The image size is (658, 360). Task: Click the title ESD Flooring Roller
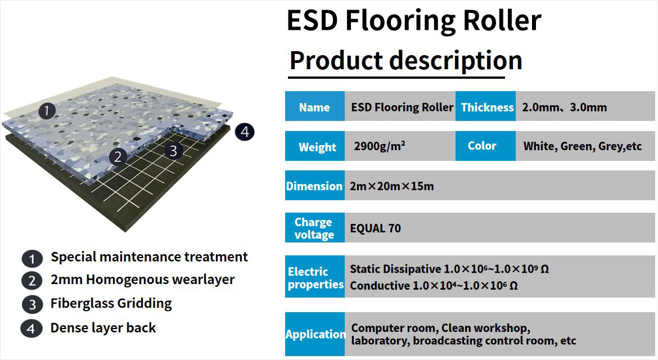pos(414,21)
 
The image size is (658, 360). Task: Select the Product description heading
pos(406,61)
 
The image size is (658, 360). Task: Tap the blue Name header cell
pos(315,106)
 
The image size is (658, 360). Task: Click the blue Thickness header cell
pos(485,106)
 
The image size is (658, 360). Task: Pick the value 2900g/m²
pos(380,146)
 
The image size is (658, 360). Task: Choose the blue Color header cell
pos(485,146)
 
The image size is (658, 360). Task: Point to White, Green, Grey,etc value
pos(583,146)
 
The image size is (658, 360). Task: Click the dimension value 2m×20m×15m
pos(392,186)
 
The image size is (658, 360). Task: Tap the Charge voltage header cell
pos(315,227)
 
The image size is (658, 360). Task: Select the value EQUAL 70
pos(376,228)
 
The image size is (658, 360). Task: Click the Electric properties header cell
pos(315,277)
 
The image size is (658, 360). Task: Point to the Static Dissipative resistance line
pos(449,268)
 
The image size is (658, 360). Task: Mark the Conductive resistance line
pos(434,285)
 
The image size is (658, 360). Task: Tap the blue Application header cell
pos(315,334)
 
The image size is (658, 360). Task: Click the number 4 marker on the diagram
pos(245,132)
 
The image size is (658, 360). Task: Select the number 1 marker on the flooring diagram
pos(47,111)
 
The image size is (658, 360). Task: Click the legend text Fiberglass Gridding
pos(111,303)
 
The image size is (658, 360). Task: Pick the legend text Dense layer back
pos(103,328)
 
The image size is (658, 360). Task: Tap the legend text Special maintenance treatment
pos(150,257)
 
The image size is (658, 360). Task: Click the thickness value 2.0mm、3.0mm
pos(565,107)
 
